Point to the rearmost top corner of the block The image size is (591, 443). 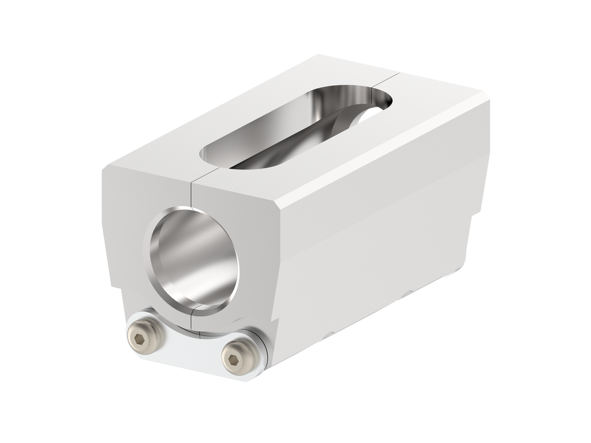pos(319,56)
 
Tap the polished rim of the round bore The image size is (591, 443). pos(152,254)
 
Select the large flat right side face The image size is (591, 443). pos(375,254)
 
